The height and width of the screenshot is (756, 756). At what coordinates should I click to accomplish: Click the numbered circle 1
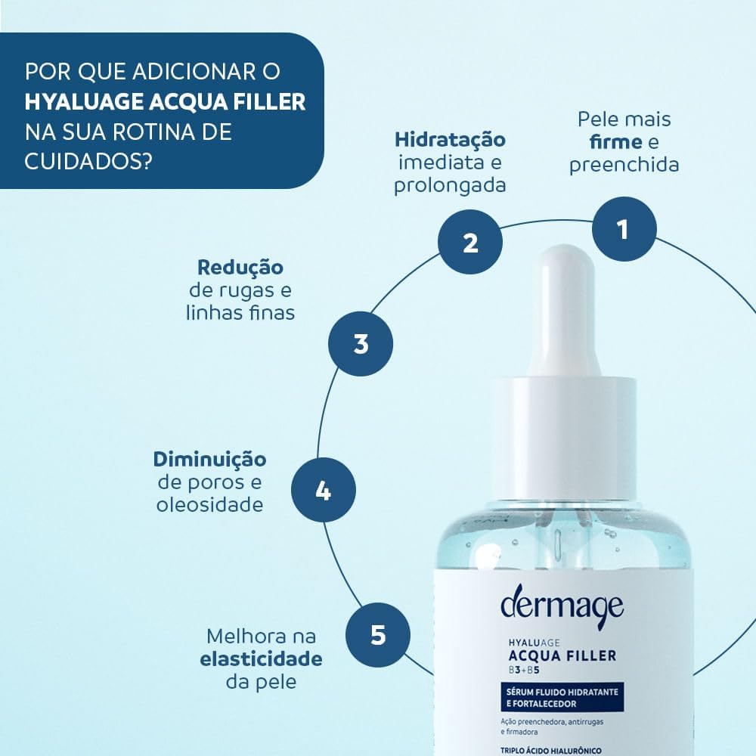pyautogui.click(x=624, y=228)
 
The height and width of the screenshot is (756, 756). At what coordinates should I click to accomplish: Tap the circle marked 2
pyautogui.click(x=470, y=243)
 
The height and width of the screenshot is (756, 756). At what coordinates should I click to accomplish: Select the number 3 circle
pyautogui.click(x=361, y=344)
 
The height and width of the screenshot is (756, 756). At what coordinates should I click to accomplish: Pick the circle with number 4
pyautogui.click(x=323, y=491)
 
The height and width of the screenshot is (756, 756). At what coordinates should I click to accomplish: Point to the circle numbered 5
pyautogui.click(x=378, y=634)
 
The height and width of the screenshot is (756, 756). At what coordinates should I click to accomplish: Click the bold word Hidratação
pyautogui.click(x=450, y=140)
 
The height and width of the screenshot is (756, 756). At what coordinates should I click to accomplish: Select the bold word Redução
pyautogui.click(x=240, y=268)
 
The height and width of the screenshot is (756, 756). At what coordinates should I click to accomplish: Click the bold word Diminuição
pyautogui.click(x=209, y=460)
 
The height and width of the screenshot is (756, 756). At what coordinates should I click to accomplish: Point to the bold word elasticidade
pyautogui.click(x=261, y=658)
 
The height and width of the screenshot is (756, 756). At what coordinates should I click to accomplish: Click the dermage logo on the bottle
pyautogui.click(x=562, y=605)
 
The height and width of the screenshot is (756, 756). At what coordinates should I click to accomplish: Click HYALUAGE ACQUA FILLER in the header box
pyautogui.click(x=166, y=102)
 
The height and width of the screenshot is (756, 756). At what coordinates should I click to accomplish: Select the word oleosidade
pyautogui.click(x=210, y=504)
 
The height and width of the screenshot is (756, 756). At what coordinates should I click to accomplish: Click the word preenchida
pyautogui.click(x=624, y=164)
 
